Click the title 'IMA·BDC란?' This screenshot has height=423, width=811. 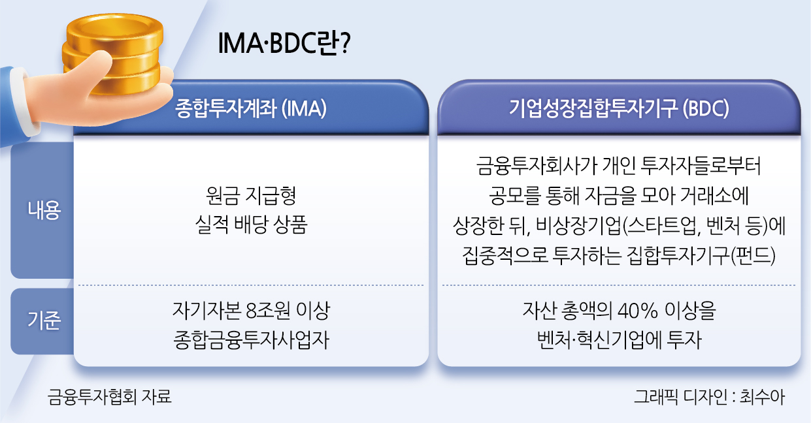coord(284,43)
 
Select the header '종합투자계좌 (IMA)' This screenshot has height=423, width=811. coord(251,108)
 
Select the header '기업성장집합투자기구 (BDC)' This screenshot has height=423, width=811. coord(619,108)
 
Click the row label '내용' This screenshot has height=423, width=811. coord(44,210)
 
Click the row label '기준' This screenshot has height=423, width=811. coord(44,321)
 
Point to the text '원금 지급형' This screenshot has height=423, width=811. coord(251,196)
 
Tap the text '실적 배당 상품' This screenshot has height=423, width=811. coord(251,225)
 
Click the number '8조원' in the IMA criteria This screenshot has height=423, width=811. coord(267,310)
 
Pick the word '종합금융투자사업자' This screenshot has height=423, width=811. coord(251,340)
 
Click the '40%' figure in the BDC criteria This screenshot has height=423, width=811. coord(637,311)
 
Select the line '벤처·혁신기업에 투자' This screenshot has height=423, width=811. coord(619,340)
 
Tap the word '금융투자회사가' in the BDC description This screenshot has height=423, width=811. coord(537,166)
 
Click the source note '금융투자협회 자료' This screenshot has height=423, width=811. coord(109,396)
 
